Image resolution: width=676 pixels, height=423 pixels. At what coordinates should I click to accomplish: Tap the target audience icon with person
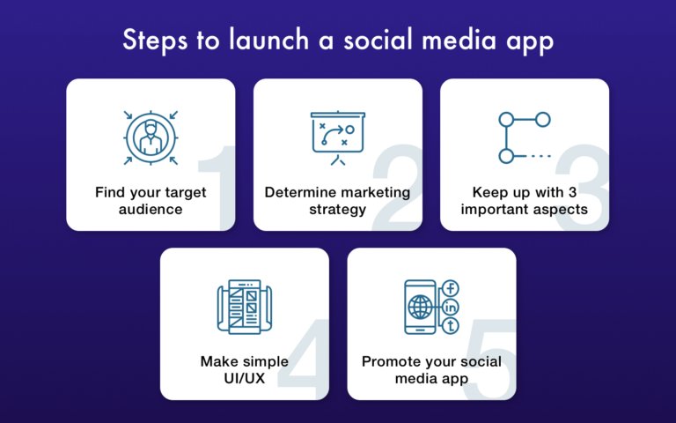click(151, 137)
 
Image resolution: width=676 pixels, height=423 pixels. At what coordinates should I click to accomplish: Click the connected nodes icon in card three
click(524, 137)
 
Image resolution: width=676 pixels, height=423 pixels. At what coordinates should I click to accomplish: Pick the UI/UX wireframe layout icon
click(244, 306)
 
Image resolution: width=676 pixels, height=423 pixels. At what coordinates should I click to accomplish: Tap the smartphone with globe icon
click(421, 307)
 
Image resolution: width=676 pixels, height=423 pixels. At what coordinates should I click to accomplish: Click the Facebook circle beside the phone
click(452, 288)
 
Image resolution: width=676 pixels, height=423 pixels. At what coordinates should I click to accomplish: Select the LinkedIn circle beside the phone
click(452, 307)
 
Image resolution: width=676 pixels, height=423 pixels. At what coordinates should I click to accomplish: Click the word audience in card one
click(151, 211)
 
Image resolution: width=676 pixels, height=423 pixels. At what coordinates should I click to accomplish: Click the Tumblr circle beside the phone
click(452, 326)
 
